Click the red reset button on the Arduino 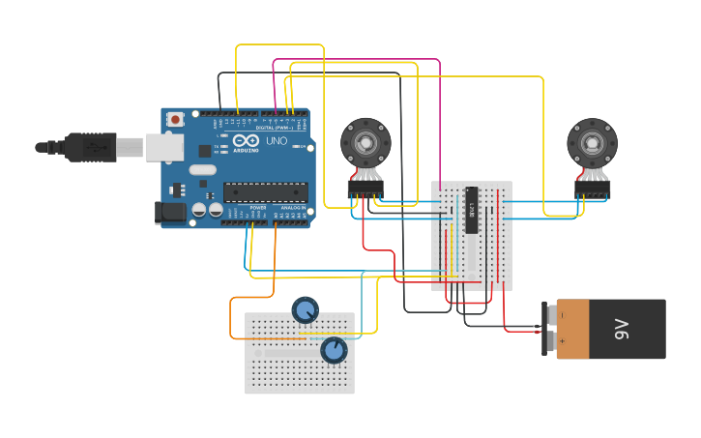(x=175, y=119)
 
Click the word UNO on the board (x=276, y=141)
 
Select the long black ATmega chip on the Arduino (x=266, y=192)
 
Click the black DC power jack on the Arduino (x=170, y=212)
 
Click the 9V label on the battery (x=623, y=329)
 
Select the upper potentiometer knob (x=305, y=310)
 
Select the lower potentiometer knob (x=334, y=349)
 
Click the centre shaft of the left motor (x=365, y=143)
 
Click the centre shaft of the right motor (x=592, y=143)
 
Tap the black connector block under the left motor (x=365, y=190)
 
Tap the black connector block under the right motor (x=592, y=190)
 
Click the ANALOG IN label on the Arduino (x=293, y=207)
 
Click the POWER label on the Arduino (x=258, y=207)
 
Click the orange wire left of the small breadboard (x=231, y=319)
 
